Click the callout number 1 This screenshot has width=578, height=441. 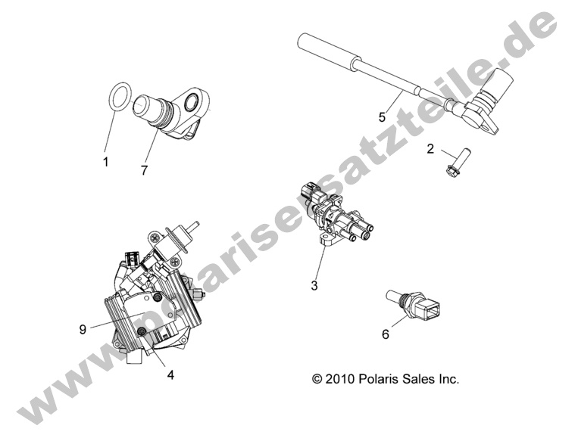[106, 161]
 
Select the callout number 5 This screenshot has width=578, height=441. [383, 117]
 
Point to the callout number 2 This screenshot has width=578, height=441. [430, 149]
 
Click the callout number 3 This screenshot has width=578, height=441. [314, 285]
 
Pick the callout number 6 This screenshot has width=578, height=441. [386, 334]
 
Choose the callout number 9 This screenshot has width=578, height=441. [83, 329]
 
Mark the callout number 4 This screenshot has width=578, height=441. [170, 374]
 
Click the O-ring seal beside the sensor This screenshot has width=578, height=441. [111, 96]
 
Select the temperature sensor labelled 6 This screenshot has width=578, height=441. [415, 303]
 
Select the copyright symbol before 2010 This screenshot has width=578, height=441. [317, 379]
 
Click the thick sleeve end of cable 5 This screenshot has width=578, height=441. [329, 49]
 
